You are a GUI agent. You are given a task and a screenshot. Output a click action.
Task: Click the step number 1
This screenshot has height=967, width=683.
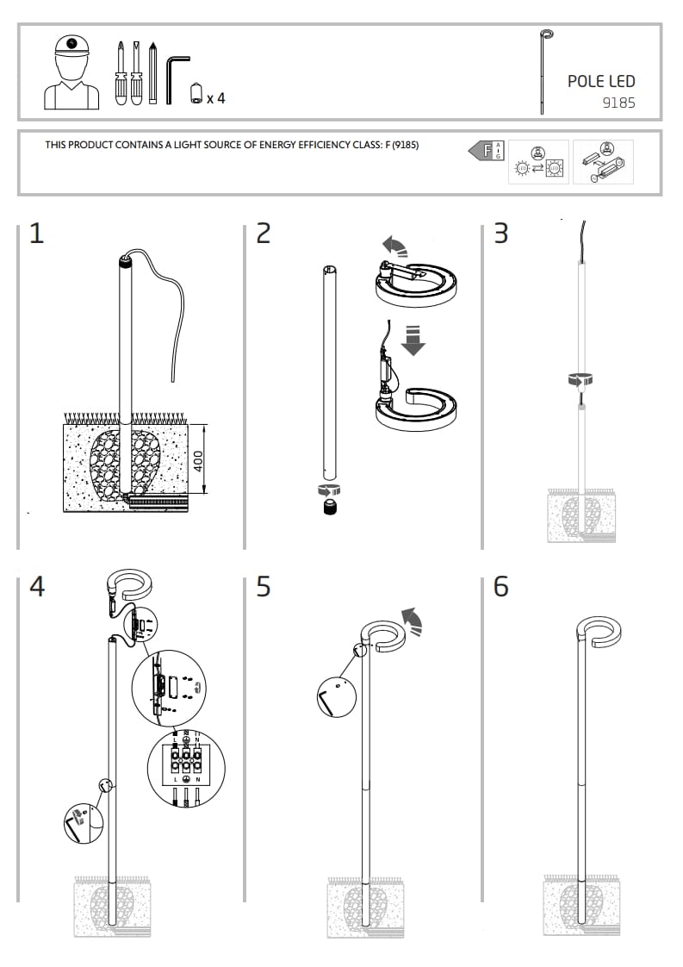36,234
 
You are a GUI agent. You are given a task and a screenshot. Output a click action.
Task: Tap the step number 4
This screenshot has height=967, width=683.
37,587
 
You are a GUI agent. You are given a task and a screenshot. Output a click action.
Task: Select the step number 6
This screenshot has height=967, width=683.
500,587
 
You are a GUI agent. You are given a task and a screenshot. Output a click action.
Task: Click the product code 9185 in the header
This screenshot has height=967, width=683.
618,103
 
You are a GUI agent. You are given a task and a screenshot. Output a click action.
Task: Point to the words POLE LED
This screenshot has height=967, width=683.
600,81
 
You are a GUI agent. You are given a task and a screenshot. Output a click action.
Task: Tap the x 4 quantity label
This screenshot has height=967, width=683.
215,98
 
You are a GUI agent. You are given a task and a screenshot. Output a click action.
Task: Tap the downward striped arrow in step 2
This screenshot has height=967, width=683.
414,339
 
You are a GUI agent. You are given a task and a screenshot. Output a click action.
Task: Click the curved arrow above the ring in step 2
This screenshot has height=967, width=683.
396,246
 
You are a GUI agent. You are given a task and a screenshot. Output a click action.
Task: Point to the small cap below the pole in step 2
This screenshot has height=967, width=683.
328,508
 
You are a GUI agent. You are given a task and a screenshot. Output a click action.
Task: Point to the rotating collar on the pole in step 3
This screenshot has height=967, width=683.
581,378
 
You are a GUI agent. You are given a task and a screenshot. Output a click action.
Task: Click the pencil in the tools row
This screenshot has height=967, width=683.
152,73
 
